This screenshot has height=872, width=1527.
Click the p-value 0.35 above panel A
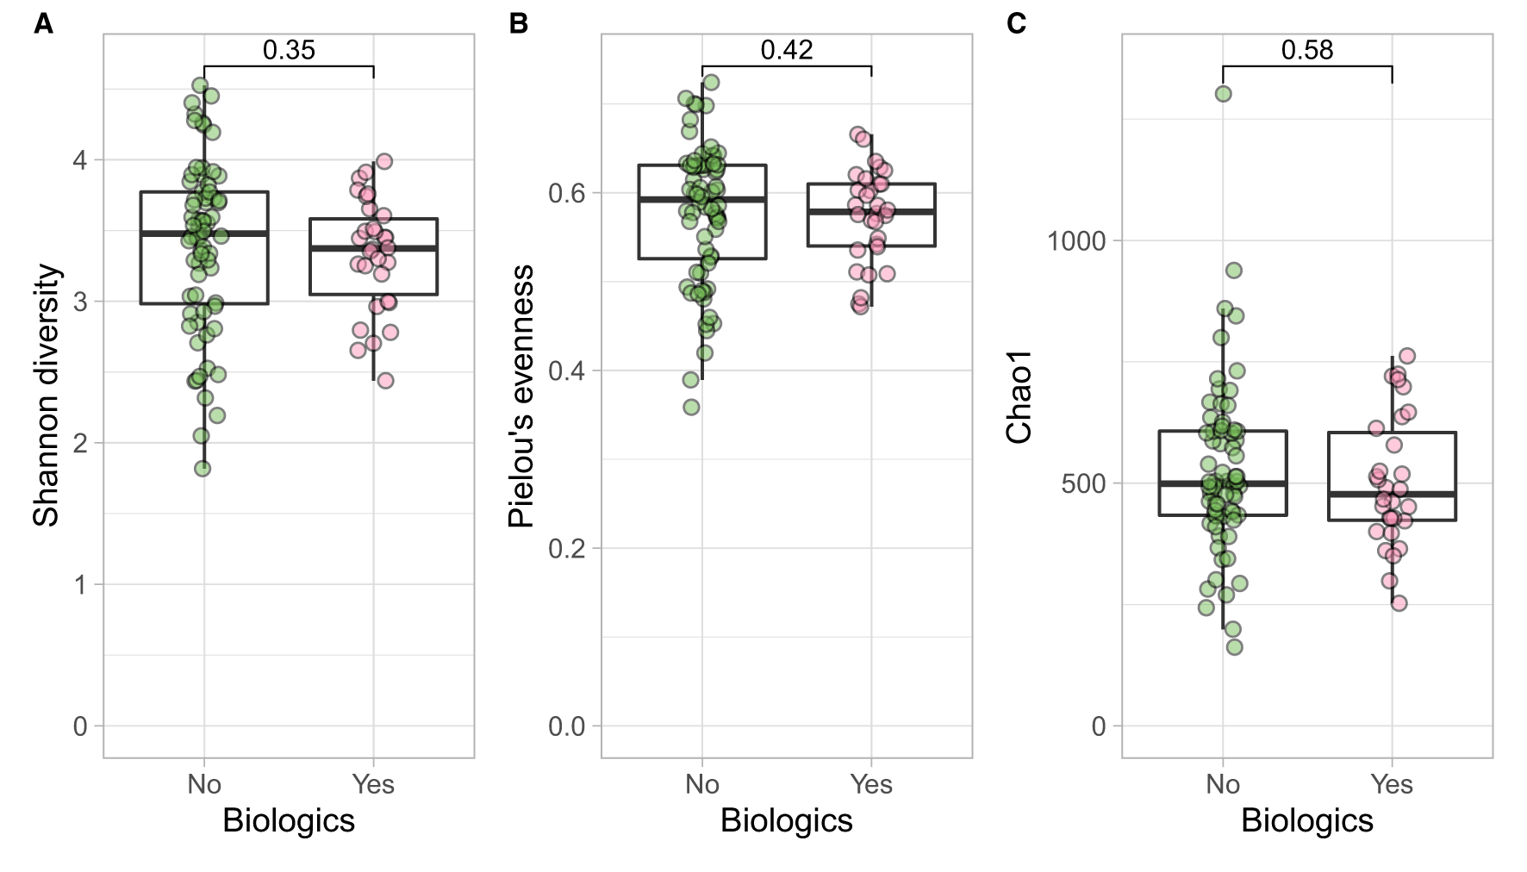[x=289, y=50]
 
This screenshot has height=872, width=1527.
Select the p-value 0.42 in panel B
[x=786, y=50]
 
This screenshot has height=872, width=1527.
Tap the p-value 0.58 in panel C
[x=1306, y=50]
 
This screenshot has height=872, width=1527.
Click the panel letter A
[x=43, y=23]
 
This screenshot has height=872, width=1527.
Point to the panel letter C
[x=1016, y=23]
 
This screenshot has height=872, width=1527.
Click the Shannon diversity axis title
[x=47, y=395]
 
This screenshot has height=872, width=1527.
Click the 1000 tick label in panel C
[x=1075, y=240]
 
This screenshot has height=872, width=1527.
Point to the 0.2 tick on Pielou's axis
[x=566, y=548]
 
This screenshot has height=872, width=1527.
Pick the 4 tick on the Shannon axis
[x=80, y=159]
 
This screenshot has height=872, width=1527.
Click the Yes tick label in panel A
[x=373, y=784]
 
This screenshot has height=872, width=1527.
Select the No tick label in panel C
[x=1222, y=784]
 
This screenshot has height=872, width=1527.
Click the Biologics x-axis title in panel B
[x=786, y=820]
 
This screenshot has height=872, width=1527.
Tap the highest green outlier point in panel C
[x=1223, y=94]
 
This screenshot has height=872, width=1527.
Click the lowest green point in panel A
[x=203, y=469]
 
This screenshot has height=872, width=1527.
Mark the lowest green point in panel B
[x=691, y=407]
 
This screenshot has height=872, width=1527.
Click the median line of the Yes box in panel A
[x=373, y=248]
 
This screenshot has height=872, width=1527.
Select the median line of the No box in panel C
[x=1222, y=483]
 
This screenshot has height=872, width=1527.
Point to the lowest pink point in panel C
[x=1399, y=603]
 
